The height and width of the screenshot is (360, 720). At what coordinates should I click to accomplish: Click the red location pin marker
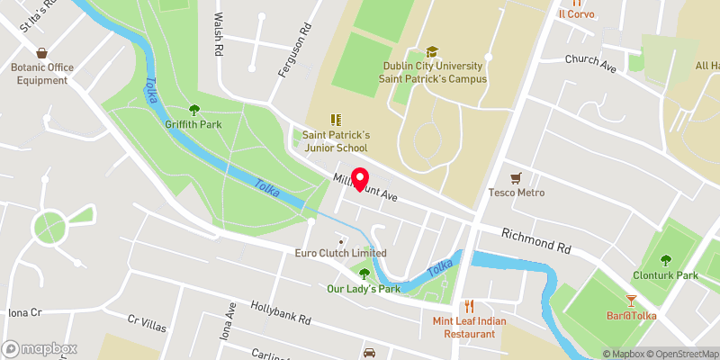[x=360, y=179]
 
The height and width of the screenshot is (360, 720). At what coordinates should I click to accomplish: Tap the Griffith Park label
[x=193, y=124]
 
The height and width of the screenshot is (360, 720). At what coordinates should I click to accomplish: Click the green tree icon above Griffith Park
[x=193, y=109]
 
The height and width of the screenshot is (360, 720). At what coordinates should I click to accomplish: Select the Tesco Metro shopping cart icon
[x=516, y=177]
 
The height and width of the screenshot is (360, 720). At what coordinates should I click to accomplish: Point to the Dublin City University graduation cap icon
[x=432, y=51]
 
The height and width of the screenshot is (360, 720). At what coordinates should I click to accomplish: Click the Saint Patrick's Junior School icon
[x=336, y=120]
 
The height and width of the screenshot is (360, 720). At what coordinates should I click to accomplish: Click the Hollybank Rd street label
[x=280, y=313]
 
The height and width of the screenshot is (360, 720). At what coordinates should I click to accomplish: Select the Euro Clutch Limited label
[x=341, y=253]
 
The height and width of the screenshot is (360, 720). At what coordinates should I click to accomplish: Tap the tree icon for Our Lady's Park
[x=364, y=274]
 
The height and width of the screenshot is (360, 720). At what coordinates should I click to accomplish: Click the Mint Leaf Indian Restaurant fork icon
[x=468, y=306]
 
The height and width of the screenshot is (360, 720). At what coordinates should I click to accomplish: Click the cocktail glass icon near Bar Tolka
[x=631, y=298]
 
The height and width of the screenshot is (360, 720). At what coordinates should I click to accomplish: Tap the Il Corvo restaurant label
[x=577, y=13]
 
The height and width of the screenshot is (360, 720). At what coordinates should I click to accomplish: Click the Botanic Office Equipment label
[x=40, y=73]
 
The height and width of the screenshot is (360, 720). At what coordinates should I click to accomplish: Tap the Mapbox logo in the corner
[x=40, y=348]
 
